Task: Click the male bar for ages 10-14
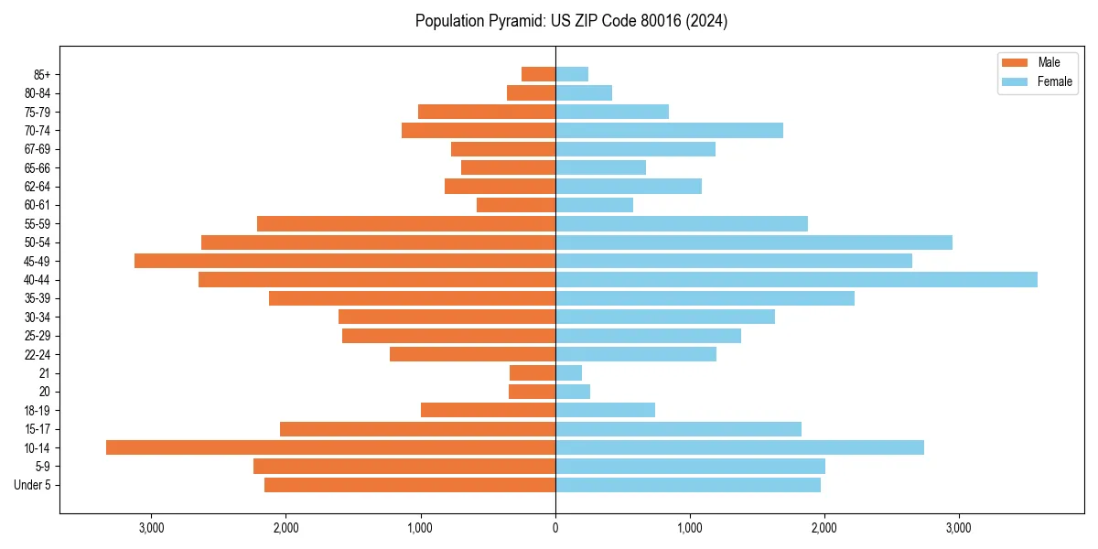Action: [330, 447]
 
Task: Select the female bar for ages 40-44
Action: [796, 279]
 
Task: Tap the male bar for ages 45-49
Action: [345, 261]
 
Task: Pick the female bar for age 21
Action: [568, 372]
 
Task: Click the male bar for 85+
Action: [538, 74]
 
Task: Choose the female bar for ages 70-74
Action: [669, 130]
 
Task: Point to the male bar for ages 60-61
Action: [516, 205]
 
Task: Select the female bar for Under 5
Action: [688, 485]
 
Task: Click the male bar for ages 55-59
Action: [406, 223]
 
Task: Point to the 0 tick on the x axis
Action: [555, 528]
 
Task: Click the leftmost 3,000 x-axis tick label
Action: [151, 528]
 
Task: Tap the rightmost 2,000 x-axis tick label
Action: [824, 528]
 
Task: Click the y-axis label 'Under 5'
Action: [32, 485]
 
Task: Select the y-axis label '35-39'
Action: [38, 298]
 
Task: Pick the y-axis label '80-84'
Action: [38, 93]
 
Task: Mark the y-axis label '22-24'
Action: [38, 354]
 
